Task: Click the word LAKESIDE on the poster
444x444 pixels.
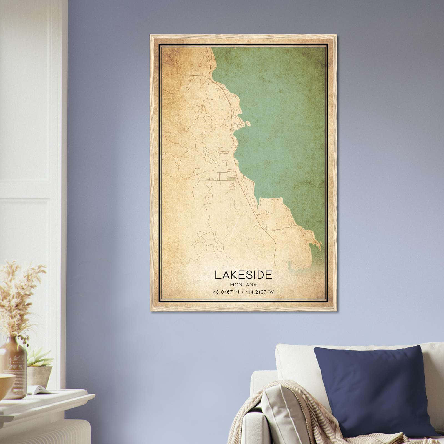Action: pos(243,274)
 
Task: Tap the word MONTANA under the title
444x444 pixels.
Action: pos(243,284)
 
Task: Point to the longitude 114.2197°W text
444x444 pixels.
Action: pos(258,292)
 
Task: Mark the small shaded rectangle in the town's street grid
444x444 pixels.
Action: pos(230,179)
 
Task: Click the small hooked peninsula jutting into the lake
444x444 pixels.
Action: pos(246,123)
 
